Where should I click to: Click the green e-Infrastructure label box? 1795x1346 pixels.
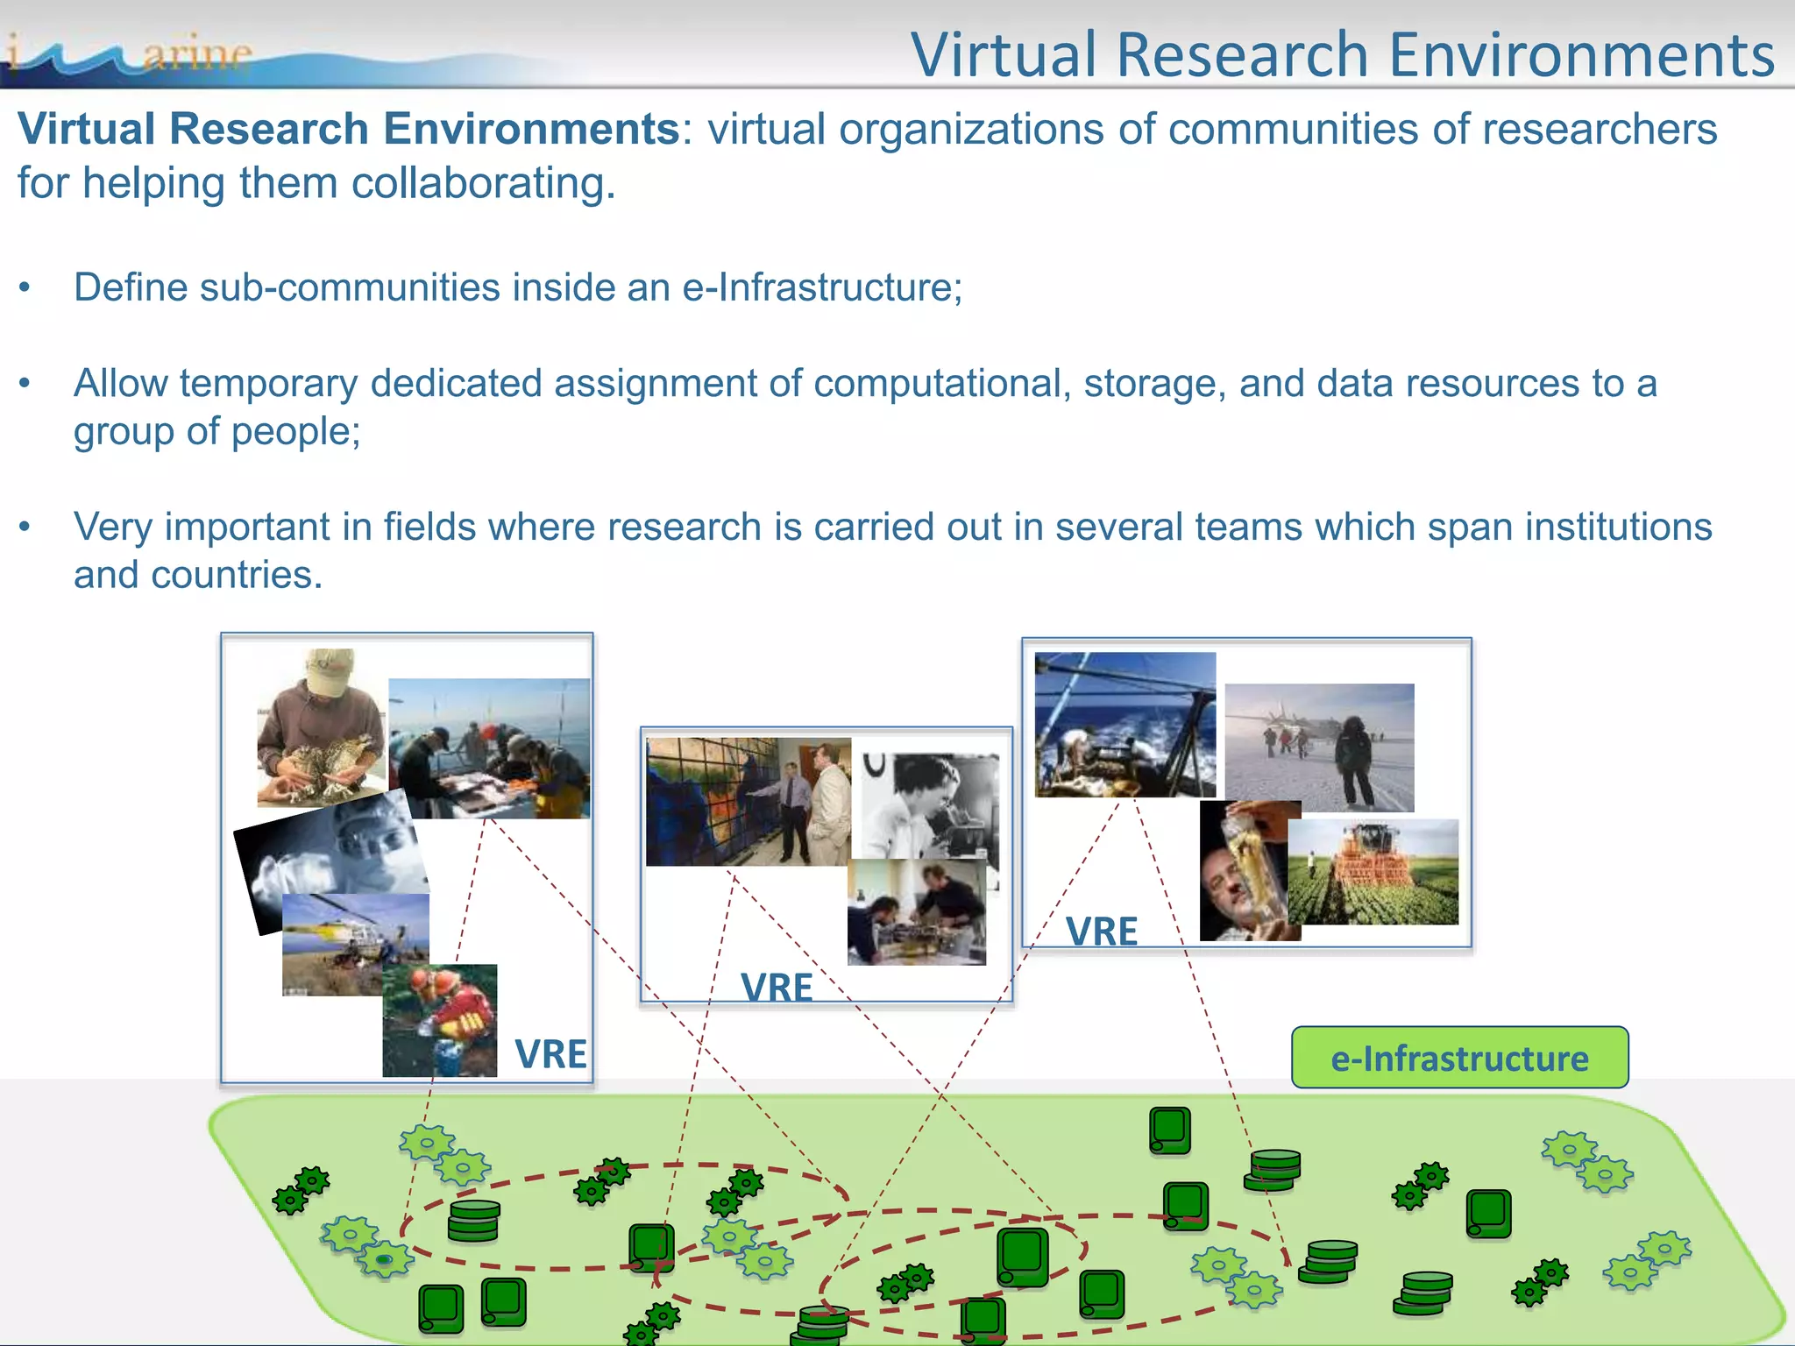pyautogui.click(x=1459, y=1058)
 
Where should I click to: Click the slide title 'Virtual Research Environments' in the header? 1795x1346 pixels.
pyautogui.click(x=1342, y=54)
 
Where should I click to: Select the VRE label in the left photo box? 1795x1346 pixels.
pyautogui.click(x=550, y=1053)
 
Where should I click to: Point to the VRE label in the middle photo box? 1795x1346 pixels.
pyautogui.click(x=777, y=988)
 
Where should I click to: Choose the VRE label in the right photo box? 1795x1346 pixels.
pyautogui.click(x=1102, y=932)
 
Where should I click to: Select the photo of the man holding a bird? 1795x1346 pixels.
pyautogui.click(x=321, y=727)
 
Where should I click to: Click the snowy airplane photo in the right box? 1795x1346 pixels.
pyautogui.click(x=1319, y=747)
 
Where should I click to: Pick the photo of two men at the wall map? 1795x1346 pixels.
pyautogui.click(x=748, y=801)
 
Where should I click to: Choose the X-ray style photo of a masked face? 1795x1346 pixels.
pyautogui.click(x=329, y=854)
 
